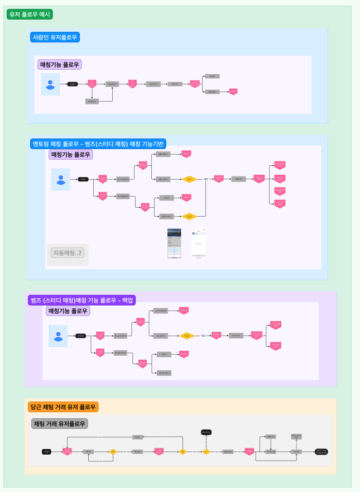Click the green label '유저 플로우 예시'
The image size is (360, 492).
tap(30, 15)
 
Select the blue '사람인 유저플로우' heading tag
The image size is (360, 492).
tap(55, 37)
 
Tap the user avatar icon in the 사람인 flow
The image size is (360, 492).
tap(50, 84)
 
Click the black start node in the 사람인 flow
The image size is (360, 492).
tap(73, 84)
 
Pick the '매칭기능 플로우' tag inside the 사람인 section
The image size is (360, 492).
tap(60, 65)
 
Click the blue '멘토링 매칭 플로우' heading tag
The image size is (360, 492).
tap(98, 144)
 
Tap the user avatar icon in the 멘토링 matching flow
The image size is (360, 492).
tap(61, 179)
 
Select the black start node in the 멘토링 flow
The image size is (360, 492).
tap(83, 179)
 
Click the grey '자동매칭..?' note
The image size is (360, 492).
tap(67, 253)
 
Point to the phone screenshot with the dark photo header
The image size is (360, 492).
tap(174, 243)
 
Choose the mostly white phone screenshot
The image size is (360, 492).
tap(199, 243)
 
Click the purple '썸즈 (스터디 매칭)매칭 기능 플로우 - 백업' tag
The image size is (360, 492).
tap(81, 300)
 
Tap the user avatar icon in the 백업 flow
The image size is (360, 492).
tap(58, 336)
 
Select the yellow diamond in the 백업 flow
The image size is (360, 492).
tap(188, 336)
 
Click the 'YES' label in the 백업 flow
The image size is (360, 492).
tap(203, 336)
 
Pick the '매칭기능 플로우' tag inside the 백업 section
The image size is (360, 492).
tap(68, 311)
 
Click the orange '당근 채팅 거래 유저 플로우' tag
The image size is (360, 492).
tap(63, 407)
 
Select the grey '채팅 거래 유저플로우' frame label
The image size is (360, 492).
tap(59, 424)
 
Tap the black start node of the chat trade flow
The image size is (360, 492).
tap(47, 451)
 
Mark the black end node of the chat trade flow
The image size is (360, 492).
tap(321, 451)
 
